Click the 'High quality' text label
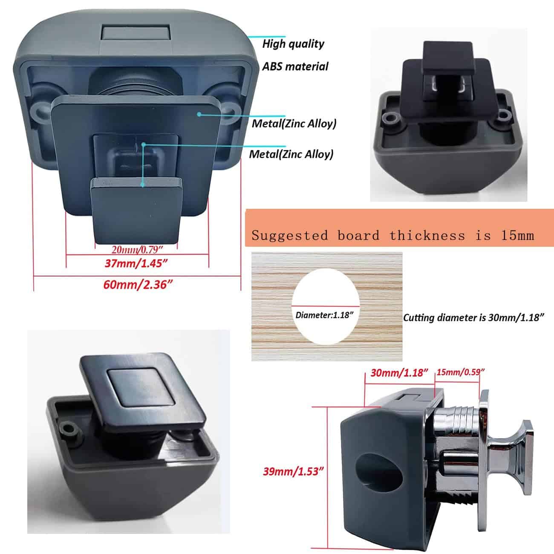coord(293,44)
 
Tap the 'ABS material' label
coord(295,66)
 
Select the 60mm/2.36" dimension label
coord(138,285)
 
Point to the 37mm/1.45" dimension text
coord(136,263)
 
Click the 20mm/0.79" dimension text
coord(137,250)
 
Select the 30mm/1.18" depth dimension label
coord(399,373)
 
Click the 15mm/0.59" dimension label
coord(461,372)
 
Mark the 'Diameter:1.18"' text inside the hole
coord(324,315)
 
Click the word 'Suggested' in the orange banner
coord(289,236)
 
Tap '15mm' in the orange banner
coord(517,235)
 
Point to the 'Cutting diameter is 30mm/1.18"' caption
coord(473,317)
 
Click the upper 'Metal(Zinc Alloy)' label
coord(294,124)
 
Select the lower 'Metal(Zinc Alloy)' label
coord(291,154)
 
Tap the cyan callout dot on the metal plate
coord(199,115)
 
